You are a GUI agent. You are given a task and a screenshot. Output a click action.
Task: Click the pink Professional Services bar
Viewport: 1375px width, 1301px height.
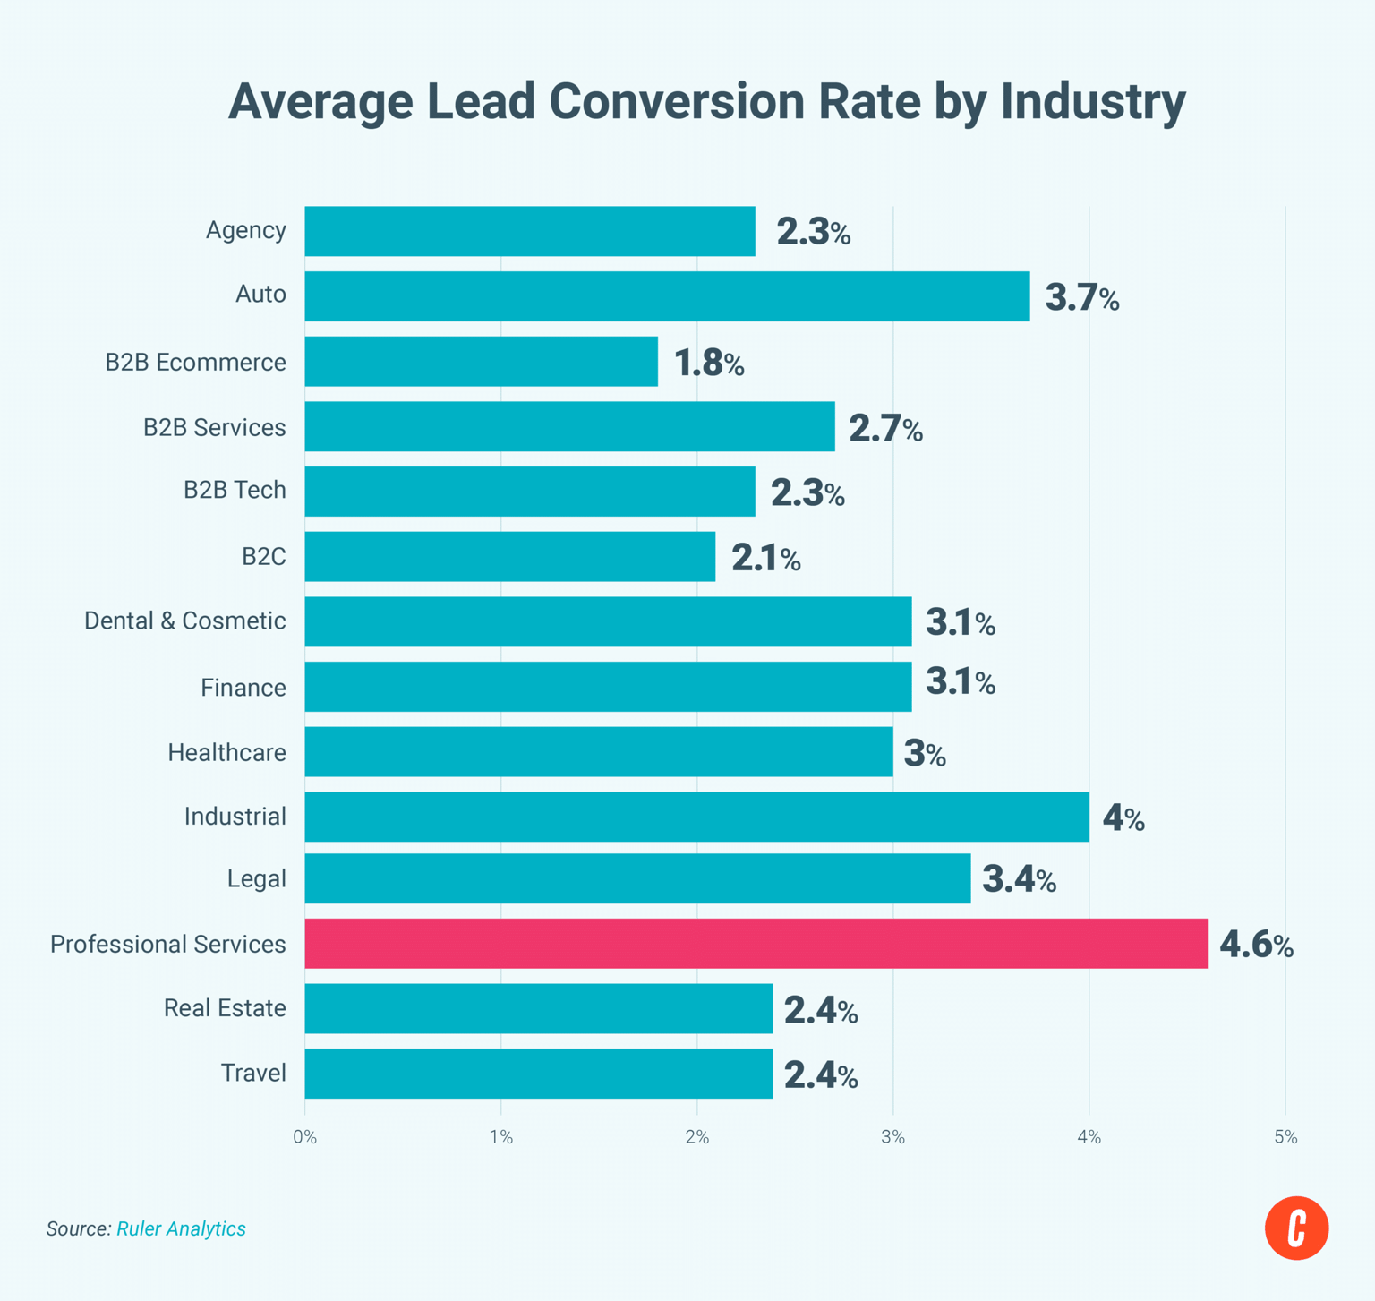[756, 944]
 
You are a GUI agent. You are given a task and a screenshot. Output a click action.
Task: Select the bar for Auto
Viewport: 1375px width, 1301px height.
[667, 296]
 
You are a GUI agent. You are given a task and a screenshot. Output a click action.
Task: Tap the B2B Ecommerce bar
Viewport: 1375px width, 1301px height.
[481, 362]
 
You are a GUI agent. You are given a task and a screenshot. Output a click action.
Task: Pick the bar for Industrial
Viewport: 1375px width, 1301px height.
[696, 817]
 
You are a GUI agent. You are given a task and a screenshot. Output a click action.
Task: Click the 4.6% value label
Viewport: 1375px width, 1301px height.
[1256, 945]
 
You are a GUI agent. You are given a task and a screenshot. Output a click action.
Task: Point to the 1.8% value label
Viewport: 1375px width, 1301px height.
[708, 364]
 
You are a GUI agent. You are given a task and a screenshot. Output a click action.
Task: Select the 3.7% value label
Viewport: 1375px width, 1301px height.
[1081, 297]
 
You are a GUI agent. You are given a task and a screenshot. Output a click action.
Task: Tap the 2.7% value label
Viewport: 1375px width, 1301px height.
[885, 429]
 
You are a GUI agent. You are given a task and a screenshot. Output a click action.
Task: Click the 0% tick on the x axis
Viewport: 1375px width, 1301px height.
[304, 1137]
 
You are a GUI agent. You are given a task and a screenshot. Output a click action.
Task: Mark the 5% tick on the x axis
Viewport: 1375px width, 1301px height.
[1285, 1137]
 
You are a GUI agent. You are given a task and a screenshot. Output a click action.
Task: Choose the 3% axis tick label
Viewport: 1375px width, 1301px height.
[892, 1137]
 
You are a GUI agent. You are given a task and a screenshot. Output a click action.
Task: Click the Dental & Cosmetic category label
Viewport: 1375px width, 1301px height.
[185, 621]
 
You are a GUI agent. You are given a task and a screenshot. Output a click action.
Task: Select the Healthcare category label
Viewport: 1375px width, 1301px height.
[226, 752]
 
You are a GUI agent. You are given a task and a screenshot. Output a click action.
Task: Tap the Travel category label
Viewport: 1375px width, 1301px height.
[253, 1073]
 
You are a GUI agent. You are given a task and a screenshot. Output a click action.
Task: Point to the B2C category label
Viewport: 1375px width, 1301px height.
[263, 557]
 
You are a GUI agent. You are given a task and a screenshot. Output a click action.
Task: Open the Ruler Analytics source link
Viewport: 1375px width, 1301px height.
[181, 1228]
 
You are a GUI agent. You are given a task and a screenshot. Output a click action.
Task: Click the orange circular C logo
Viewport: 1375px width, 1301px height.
[1296, 1228]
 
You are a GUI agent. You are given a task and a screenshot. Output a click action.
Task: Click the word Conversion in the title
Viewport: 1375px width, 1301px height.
[734, 100]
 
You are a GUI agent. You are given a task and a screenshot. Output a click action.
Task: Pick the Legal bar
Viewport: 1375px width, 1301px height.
[637, 878]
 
